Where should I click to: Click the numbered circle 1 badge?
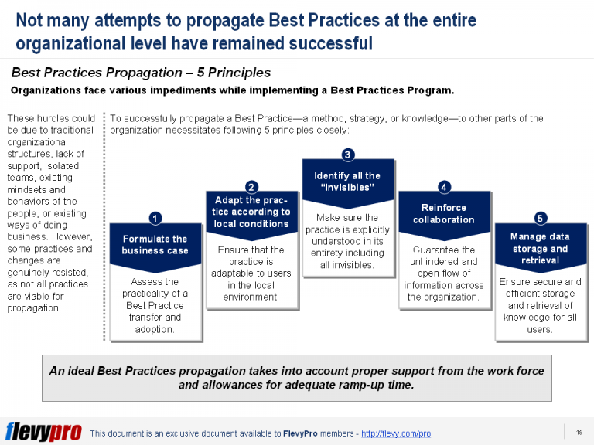coord(155,219)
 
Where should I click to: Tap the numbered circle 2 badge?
coord(251,186)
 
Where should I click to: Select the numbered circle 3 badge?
coord(348,155)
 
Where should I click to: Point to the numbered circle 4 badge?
coord(444,187)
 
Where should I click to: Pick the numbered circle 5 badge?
coord(540,219)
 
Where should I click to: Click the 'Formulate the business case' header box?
coord(155,245)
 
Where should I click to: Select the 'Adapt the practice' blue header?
coord(251,212)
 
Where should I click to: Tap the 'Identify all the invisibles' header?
coord(348,182)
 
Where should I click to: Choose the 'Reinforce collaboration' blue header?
coord(444,213)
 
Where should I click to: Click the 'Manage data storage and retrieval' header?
coord(540,248)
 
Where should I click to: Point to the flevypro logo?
coord(43,431)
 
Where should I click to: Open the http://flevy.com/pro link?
coord(397,433)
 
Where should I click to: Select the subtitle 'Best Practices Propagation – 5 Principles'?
coord(141,73)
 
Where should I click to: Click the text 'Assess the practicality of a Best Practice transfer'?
coord(155,305)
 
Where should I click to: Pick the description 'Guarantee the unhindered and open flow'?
coord(444,273)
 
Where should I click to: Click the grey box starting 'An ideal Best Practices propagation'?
coord(297,378)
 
